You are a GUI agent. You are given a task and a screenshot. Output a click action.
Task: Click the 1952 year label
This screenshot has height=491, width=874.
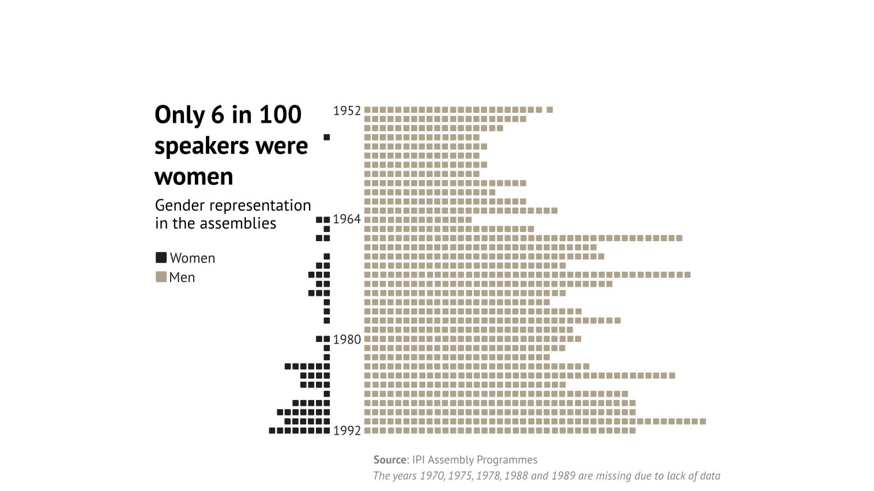[346, 111]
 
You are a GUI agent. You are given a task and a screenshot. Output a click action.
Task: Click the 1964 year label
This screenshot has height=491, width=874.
[346, 219]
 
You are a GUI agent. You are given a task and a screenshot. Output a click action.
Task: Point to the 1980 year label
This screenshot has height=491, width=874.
[346, 340]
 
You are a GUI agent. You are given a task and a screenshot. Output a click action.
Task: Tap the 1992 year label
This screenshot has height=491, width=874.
[346, 431]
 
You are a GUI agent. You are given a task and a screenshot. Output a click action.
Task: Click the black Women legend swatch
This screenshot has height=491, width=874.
[161, 258]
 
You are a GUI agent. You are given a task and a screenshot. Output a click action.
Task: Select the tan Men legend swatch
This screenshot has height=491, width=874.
[161, 277]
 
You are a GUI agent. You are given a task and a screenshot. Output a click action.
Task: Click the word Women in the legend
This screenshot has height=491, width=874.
[193, 258]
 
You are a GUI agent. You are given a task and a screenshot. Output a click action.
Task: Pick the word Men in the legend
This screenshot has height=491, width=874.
[182, 277]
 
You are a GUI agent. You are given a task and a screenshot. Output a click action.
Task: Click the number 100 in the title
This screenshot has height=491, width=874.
[280, 115]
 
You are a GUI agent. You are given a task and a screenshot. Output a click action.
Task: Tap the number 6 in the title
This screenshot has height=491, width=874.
[217, 115]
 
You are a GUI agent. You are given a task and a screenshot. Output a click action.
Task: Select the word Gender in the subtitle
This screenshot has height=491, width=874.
[179, 205]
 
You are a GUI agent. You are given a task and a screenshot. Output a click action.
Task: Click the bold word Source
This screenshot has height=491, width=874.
[390, 460]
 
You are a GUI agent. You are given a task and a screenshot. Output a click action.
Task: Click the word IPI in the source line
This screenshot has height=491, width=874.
[419, 460]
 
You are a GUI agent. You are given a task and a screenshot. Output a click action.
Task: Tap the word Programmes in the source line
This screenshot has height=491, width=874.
[510, 460]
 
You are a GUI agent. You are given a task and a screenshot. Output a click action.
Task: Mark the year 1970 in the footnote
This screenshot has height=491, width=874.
[431, 476]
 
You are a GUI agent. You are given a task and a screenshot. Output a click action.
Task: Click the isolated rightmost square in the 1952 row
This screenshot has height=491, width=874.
[550, 110]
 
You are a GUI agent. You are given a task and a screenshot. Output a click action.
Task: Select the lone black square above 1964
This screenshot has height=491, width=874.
[327, 138]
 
